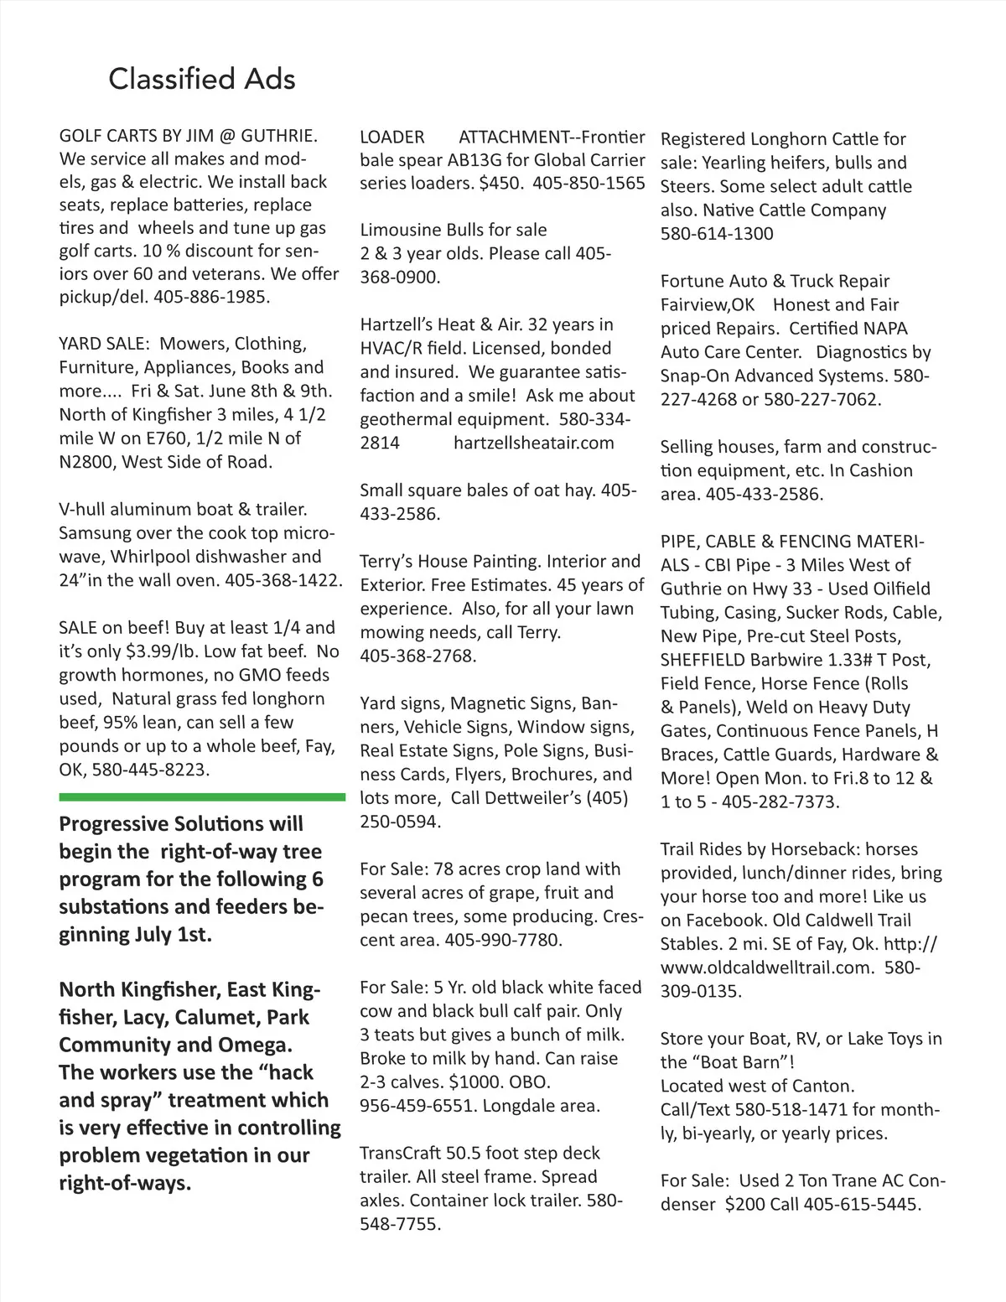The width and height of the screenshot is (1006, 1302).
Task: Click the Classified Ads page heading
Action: (x=202, y=79)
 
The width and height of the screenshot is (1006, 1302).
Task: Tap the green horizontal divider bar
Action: (x=202, y=796)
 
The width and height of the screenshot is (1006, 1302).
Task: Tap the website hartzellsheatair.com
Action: (x=534, y=443)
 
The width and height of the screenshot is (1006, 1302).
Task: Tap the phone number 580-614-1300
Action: (x=717, y=234)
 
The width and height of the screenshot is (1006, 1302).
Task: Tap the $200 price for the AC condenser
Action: (x=747, y=1205)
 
